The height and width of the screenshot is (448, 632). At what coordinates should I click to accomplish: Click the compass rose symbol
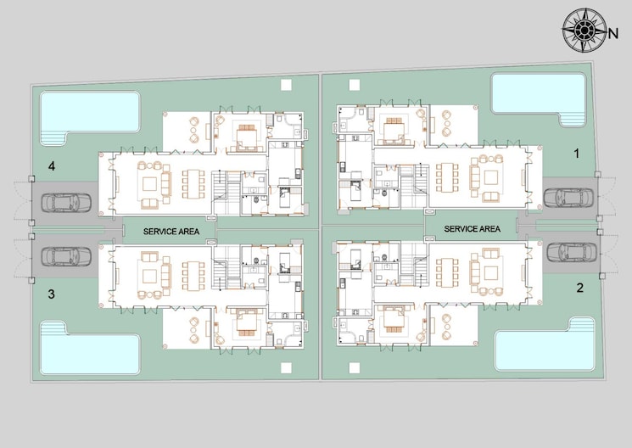(x=584, y=31)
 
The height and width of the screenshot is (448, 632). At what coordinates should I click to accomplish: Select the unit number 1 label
(x=577, y=154)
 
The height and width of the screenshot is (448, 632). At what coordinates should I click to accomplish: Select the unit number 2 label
(x=579, y=288)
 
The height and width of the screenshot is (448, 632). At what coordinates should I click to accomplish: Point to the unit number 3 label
(x=52, y=294)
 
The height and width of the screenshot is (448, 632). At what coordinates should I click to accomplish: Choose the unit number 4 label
(x=52, y=167)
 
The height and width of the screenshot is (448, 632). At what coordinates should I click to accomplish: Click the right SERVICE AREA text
(x=472, y=229)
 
